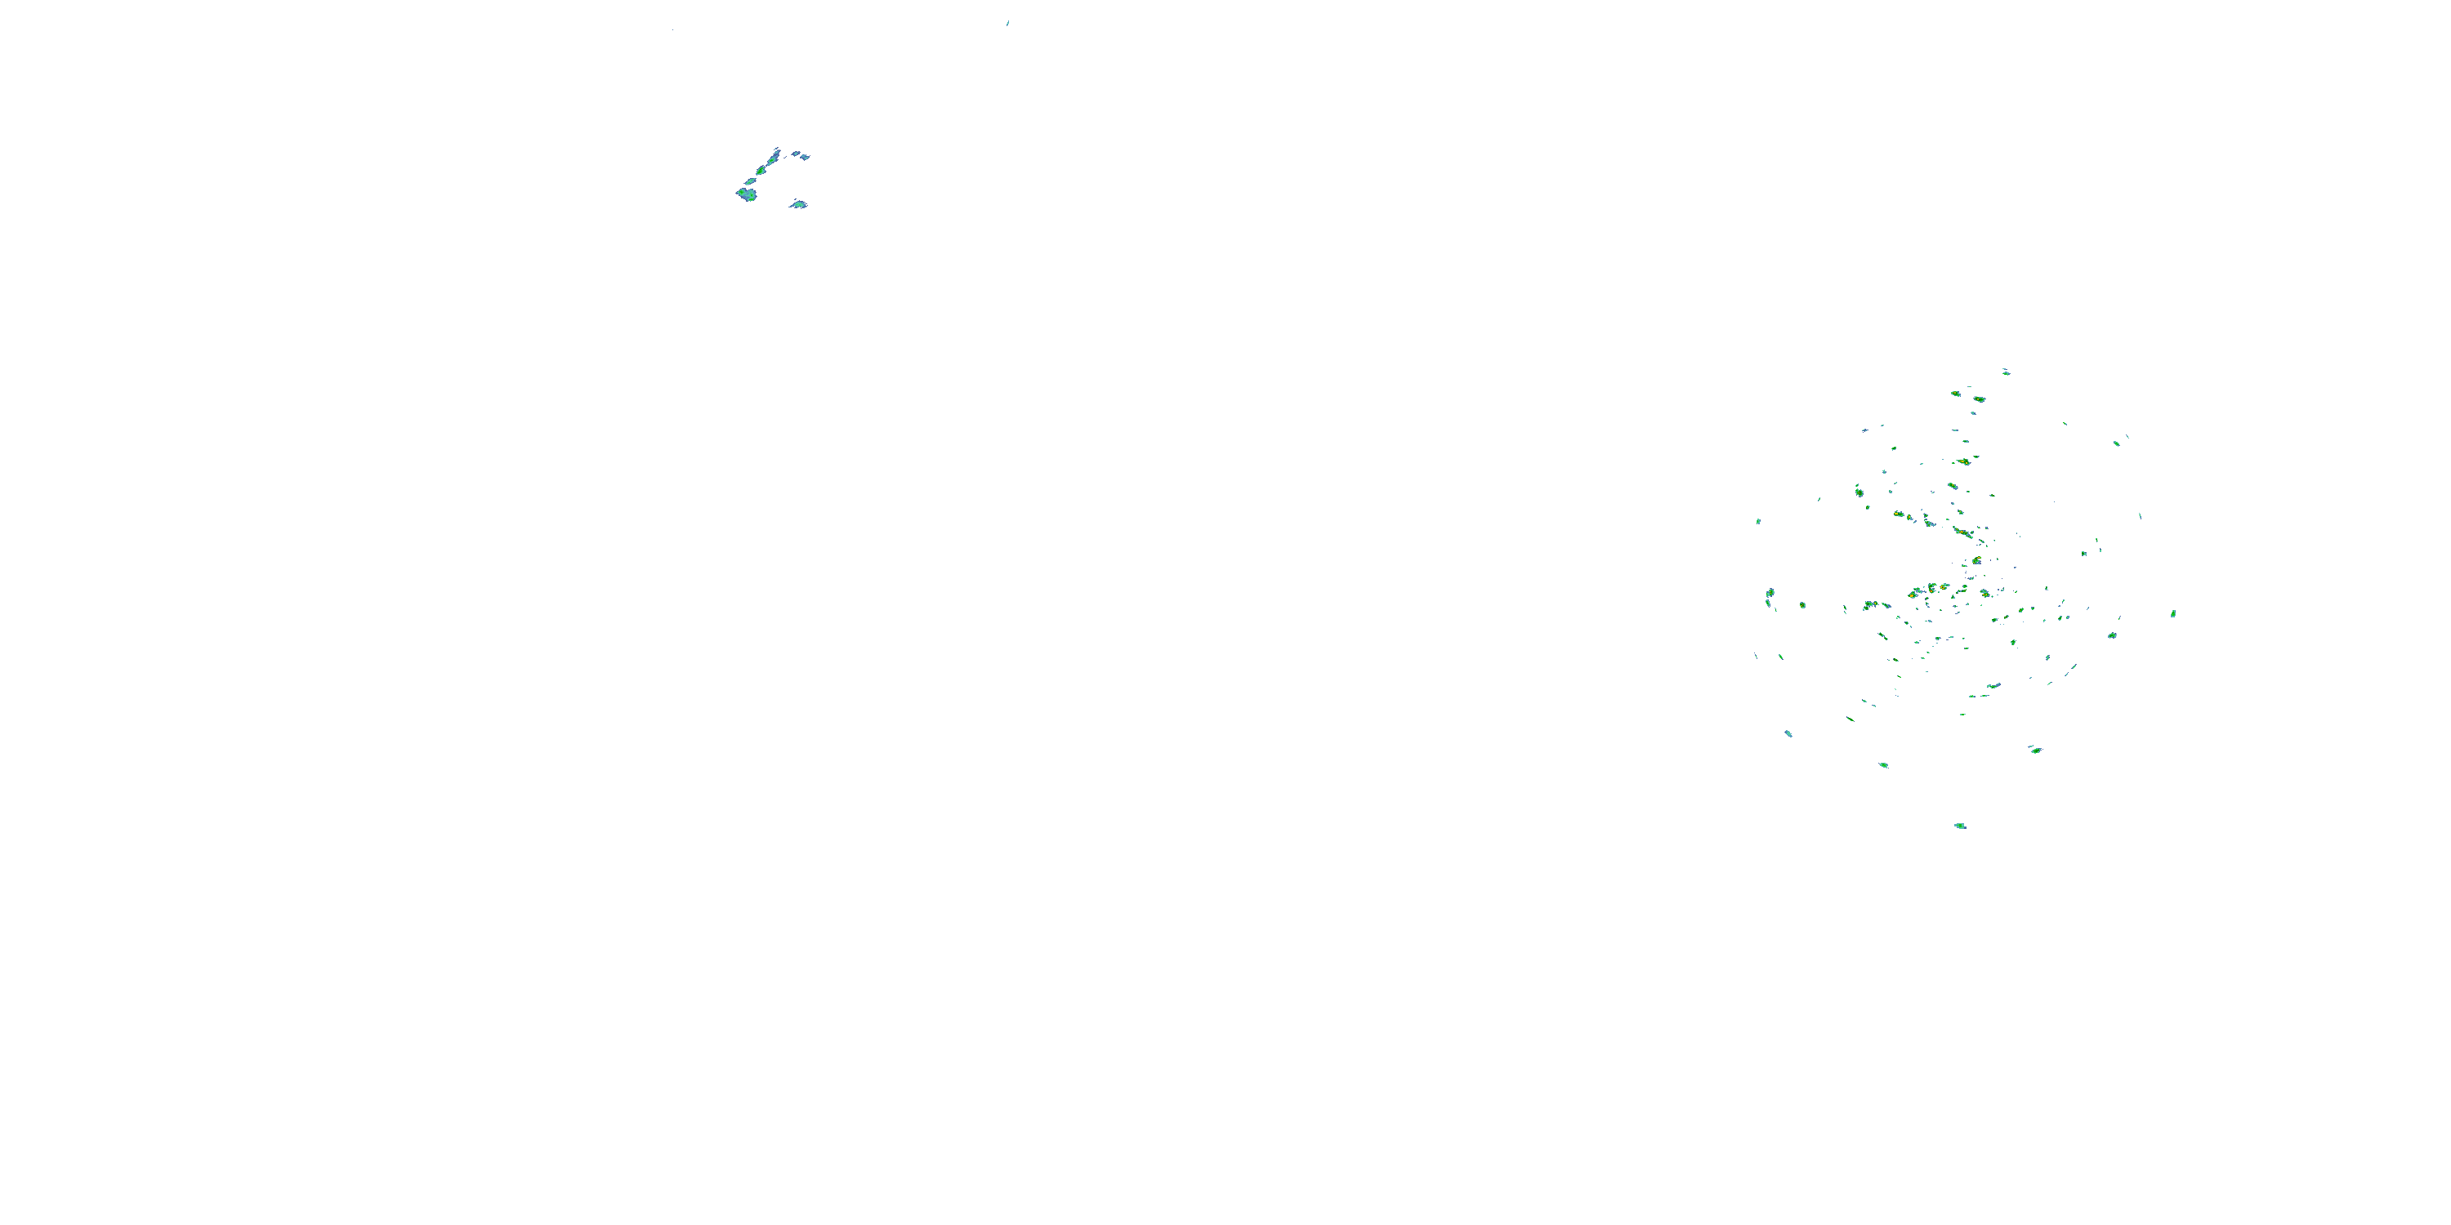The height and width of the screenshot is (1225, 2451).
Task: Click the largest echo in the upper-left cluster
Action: (x=747, y=195)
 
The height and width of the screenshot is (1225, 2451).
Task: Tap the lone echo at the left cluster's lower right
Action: (x=798, y=203)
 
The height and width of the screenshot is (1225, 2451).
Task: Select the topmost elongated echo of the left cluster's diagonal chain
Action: (x=775, y=152)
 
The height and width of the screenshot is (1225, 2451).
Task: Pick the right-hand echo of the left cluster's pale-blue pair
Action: (x=804, y=156)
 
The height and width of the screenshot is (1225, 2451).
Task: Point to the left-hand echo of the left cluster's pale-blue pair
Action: (x=793, y=154)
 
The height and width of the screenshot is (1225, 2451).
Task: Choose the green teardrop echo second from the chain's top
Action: (x=761, y=169)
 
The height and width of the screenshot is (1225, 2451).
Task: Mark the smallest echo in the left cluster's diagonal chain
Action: (x=751, y=180)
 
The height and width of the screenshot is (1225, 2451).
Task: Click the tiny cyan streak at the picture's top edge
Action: (x=1007, y=23)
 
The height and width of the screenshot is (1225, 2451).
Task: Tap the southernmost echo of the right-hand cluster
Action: (x=1960, y=826)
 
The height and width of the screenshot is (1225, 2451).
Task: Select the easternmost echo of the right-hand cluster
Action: (x=2173, y=613)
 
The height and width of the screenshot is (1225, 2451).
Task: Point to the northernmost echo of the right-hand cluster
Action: (x=2006, y=372)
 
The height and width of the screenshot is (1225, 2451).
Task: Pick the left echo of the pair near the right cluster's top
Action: (x=1955, y=393)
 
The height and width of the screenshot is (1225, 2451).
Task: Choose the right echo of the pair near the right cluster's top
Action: (x=1979, y=399)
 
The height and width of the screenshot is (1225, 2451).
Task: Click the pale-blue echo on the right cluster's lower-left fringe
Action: (x=1788, y=733)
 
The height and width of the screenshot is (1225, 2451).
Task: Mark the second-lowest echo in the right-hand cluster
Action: (x=1884, y=764)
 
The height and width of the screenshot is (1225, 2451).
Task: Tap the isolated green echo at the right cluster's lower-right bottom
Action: (x=2035, y=750)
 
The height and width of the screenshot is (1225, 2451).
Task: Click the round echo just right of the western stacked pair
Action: (x=1802, y=605)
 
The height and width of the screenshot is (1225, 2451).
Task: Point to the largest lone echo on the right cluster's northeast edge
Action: (x=2116, y=443)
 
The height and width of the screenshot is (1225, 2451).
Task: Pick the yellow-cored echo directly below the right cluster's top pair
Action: (x=1964, y=462)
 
